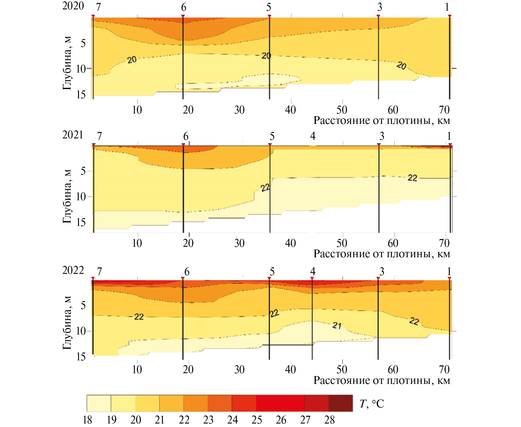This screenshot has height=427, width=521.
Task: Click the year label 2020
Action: tap(73, 6)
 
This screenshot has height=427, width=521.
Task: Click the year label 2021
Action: tap(73, 135)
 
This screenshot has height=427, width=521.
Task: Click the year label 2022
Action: tap(73, 270)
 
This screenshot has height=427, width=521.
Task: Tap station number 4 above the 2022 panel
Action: tap(313, 271)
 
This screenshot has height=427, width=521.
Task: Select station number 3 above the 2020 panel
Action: tap(380, 7)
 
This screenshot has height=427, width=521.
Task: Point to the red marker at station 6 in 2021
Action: tap(183, 145)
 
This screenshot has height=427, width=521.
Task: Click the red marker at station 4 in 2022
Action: tap(312, 279)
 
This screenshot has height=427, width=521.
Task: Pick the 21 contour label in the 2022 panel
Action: tap(337, 326)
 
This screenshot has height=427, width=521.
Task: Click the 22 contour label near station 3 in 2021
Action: tap(412, 178)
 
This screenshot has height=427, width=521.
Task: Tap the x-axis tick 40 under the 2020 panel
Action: tap(291, 110)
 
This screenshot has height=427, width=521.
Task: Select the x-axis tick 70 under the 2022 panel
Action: tap(444, 370)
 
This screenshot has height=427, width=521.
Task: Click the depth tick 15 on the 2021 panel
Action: tap(81, 222)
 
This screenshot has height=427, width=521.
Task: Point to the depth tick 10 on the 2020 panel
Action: tap(81, 69)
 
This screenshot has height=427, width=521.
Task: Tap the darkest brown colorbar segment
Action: tap(340, 403)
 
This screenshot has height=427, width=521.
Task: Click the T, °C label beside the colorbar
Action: tap(372, 404)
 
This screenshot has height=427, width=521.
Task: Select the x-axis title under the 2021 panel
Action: tap(382, 254)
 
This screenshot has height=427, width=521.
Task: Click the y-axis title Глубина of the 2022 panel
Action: tap(67, 323)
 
